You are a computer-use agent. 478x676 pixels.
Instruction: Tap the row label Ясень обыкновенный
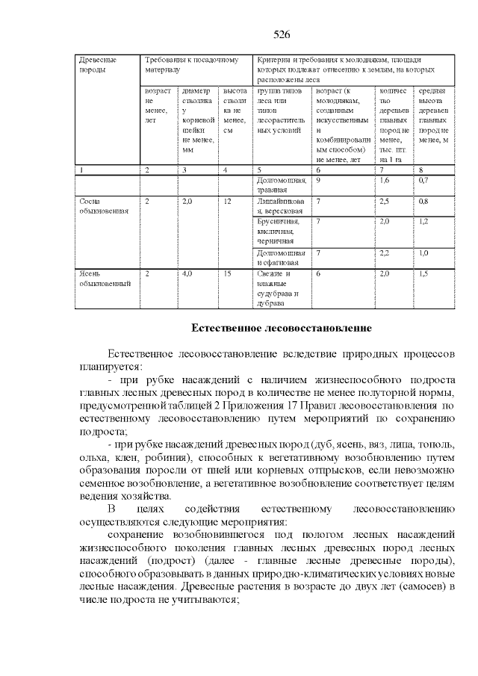pos(105,279)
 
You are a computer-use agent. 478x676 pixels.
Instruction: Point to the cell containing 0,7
pos(423,181)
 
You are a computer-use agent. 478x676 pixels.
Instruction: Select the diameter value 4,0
pos(187,274)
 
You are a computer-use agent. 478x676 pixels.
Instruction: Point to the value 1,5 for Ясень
pos(423,274)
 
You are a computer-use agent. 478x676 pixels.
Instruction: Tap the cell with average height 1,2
pos(423,222)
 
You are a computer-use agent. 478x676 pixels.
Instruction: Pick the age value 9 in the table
pos(319,181)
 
